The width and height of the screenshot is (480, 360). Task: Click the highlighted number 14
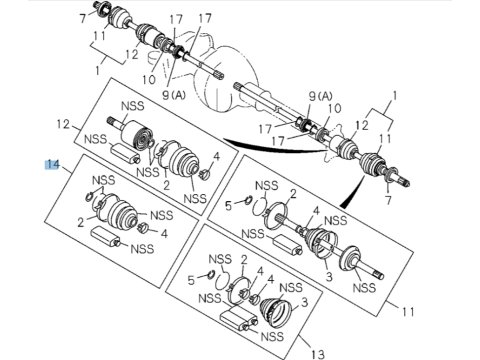[52, 165]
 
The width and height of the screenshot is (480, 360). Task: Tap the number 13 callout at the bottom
[318, 354]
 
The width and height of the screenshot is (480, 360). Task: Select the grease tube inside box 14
[107, 236]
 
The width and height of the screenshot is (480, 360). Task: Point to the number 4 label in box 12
[217, 156]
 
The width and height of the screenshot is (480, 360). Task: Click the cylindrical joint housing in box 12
[136, 134]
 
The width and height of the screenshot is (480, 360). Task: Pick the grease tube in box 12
[125, 153]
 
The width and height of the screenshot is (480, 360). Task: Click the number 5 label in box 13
[191, 280]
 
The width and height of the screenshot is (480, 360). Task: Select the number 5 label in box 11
[228, 206]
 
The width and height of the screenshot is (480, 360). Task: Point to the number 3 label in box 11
[329, 276]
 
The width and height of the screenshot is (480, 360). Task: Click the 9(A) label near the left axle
[174, 95]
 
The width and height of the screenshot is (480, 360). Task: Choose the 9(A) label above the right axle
[321, 96]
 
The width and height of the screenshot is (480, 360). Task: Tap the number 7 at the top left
[83, 18]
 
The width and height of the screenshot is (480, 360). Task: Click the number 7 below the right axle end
[389, 200]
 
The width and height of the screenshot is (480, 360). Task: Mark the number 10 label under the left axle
[149, 79]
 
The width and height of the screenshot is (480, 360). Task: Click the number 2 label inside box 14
[81, 222]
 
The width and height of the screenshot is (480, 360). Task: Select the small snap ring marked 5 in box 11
[248, 200]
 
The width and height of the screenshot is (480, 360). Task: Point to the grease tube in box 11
[288, 245]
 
